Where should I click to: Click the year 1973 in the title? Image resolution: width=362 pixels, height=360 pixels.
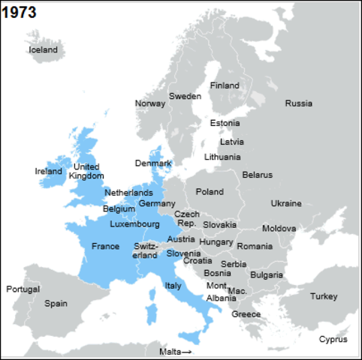pos(20,12)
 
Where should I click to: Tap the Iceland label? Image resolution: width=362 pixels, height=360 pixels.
pos(43,49)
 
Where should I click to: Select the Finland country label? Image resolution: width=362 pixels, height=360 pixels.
pos(225,85)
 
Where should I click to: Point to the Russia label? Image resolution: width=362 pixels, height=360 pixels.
pos(298,103)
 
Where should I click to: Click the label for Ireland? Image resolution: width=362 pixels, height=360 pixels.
pos(49,171)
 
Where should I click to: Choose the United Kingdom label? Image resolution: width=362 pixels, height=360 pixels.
pos(86,171)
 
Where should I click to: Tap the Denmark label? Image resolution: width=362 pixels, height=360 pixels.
pos(153,163)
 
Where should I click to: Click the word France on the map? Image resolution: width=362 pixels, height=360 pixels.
pos(105,246)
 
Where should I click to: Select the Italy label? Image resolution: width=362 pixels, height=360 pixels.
pos(173,285)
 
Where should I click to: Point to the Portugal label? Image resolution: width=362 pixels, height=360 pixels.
pos(23,289)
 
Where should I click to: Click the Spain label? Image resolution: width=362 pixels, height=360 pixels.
pos(56,304)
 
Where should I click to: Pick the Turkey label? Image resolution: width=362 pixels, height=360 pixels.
pos(324,296)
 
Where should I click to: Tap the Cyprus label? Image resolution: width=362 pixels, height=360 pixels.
pos(333,339)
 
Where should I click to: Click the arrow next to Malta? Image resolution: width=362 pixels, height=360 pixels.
pos(186,351)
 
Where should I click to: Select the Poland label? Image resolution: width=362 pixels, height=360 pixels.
pos(210,191)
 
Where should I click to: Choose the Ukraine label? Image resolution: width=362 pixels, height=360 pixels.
pos(286,203)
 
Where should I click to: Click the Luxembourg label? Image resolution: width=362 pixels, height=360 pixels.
pos(134,223)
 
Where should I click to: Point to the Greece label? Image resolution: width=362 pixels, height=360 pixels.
pos(246,313)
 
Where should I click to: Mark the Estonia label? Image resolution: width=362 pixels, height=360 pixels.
pos(225,123)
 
